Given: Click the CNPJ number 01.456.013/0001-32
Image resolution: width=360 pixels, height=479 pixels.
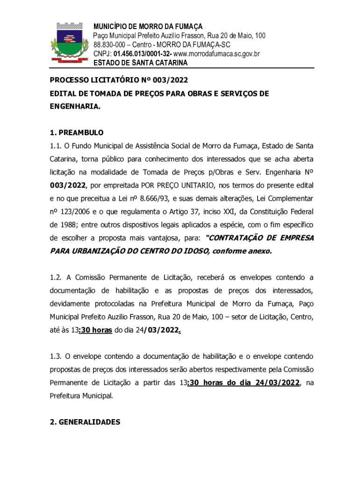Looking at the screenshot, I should tap(133, 54).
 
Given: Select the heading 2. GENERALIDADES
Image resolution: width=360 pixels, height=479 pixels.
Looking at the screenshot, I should tap(85, 422).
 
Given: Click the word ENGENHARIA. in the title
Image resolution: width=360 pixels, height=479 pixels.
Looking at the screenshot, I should tap(75, 107).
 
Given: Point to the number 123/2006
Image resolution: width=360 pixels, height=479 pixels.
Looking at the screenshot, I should tap(77, 211).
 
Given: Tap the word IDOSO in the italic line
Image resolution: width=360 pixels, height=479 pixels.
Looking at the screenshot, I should tap(191, 251).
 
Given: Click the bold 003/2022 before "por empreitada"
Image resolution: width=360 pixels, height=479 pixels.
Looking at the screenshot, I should tap(68, 185).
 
